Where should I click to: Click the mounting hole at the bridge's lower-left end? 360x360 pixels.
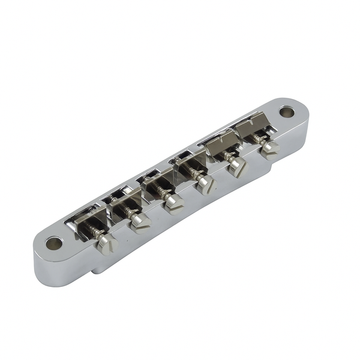point(54,243)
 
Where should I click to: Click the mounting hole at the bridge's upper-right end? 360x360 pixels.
point(287,112)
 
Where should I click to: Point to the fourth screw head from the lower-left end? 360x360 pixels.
point(206,184)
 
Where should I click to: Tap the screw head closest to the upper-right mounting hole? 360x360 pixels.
point(269,148)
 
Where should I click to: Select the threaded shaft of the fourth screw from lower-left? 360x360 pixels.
point(195,175)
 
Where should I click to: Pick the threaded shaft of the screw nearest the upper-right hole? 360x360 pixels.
point(259,139)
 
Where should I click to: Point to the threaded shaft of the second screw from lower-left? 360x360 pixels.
point(128,211)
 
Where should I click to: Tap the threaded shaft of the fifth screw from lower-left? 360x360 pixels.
point(227,156)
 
